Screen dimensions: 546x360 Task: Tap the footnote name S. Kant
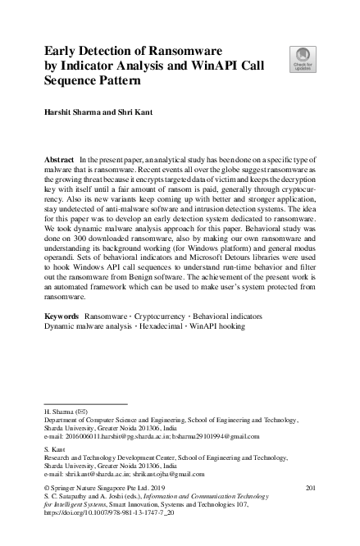pyautogui.click(x=53, y=449)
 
